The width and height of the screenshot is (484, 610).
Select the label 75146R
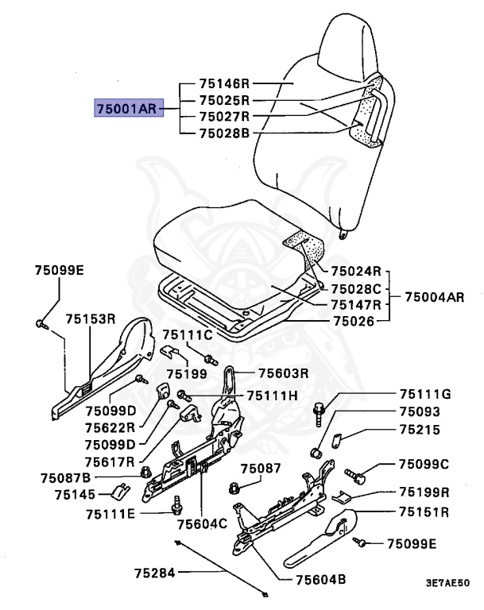[x=224, y=83]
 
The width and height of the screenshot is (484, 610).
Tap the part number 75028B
[x=224, y=133]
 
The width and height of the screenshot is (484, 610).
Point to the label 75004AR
[x=433, y=297]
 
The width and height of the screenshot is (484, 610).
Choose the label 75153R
[x=91, y=319]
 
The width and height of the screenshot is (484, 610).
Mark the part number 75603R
[x=282, y=373]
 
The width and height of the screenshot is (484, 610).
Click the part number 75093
[x=419, y=412]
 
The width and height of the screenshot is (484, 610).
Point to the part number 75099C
[x=424, y=464]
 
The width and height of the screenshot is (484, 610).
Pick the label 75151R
[x=424, y=512]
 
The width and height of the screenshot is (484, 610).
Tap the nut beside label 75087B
[x=145, y=473]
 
